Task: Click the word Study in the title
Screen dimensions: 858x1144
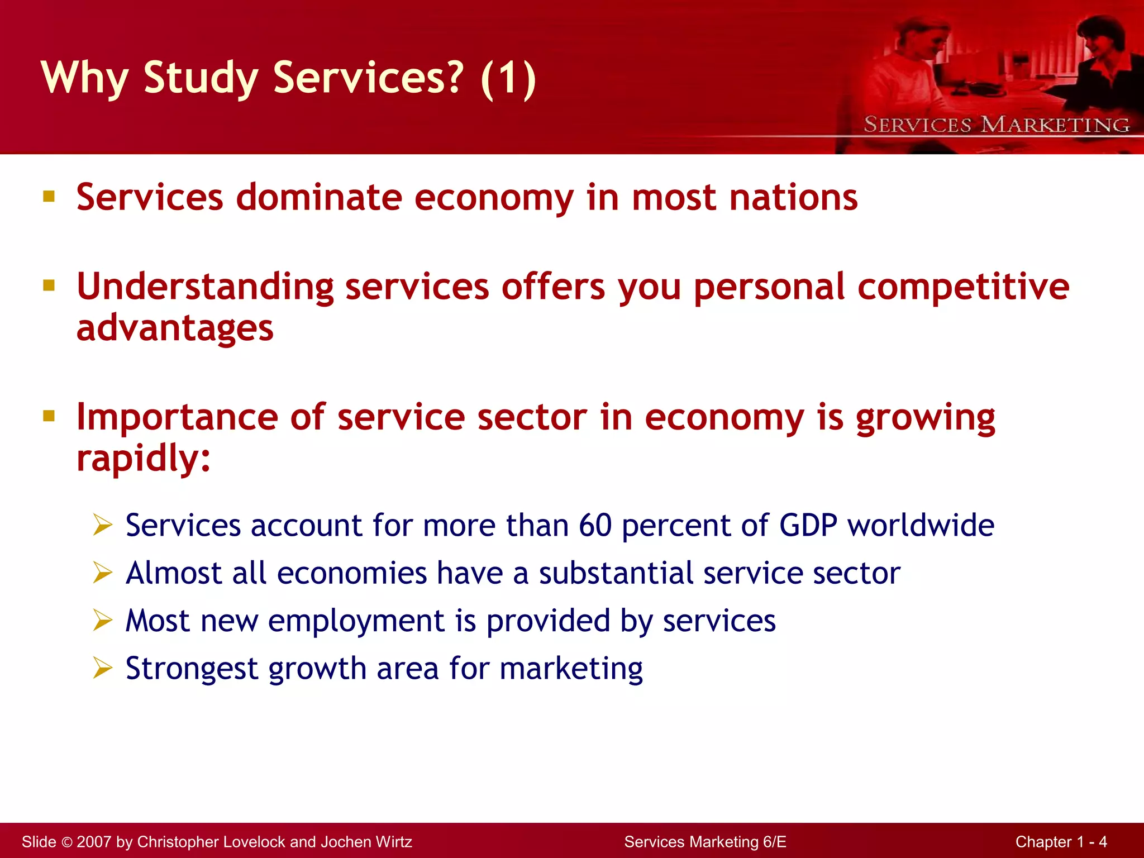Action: (x=200, y=78)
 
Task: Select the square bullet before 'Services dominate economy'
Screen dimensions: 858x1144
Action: (x=49, y=196)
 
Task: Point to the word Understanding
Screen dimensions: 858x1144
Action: (x=205, y=287)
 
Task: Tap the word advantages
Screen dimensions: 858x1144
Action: (x=175, y=328)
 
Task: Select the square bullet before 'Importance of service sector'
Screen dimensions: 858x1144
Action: (x=49, y=416)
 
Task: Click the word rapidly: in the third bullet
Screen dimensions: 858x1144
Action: (x=144, y=459)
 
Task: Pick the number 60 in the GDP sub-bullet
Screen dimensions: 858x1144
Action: (x=595, y=526)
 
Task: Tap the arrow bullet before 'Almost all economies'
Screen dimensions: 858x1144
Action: (x=103, y=573)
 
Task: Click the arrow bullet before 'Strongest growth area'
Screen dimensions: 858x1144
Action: (x=103, y=668)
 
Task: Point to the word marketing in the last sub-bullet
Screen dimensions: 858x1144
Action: (x=571, y=669)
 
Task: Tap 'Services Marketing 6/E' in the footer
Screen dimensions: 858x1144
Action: (x=705, y=842)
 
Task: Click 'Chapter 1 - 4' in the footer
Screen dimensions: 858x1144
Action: (x=1061, y=842)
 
